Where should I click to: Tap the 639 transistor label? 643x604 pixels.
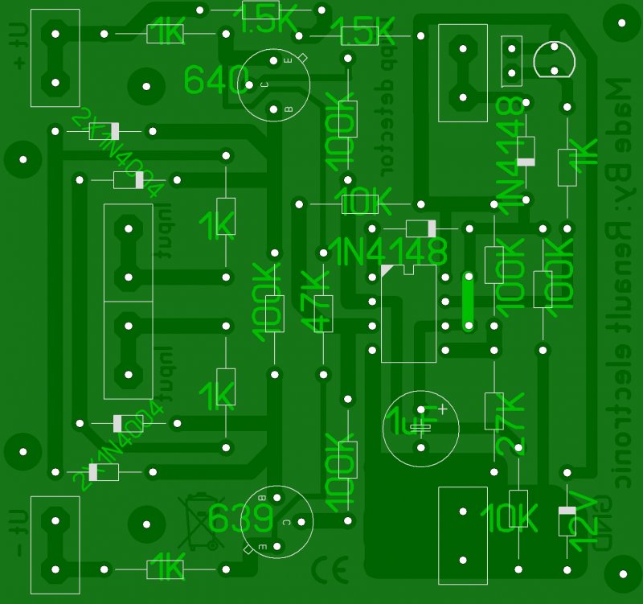point(240,519)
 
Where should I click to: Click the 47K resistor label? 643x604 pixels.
point(316,302)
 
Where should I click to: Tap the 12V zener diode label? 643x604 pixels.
point(584,523)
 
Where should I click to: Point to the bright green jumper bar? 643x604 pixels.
point(469,301)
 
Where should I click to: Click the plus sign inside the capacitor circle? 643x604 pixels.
point(441,409)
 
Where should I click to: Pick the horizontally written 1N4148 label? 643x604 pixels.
point(387,252)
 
